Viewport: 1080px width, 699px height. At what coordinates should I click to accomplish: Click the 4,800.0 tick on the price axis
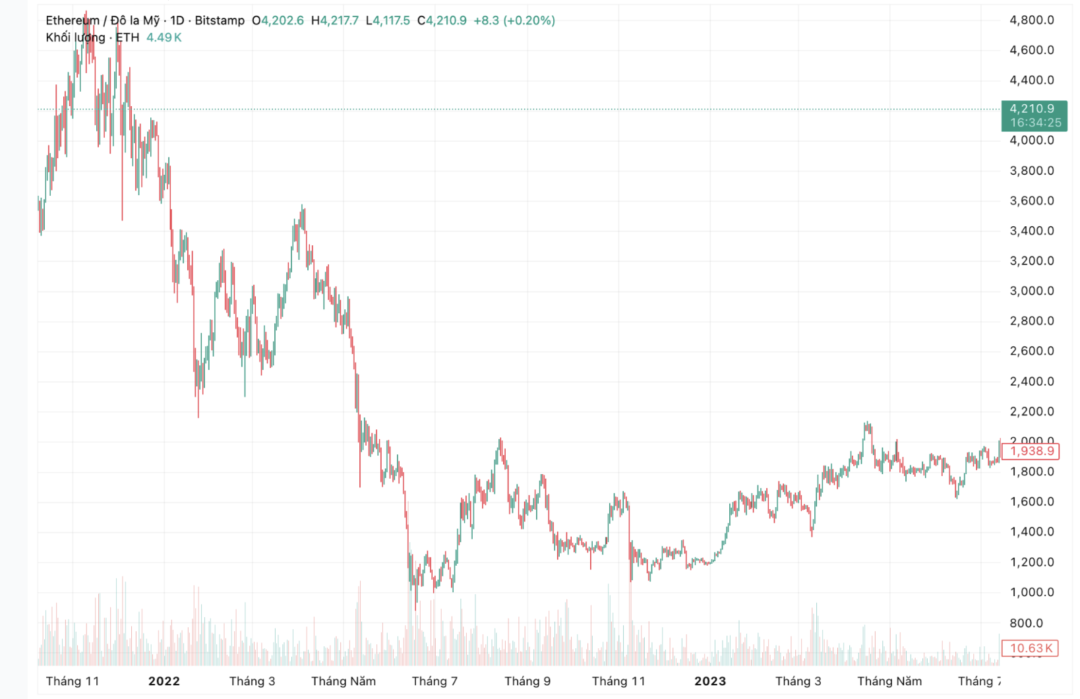click(1031, 20)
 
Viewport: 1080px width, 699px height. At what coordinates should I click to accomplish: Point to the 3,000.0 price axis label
click(1031, 291)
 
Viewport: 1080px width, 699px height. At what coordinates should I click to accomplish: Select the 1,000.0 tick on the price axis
click(1031, 592)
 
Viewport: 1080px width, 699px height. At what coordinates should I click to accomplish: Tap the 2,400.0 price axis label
click(1031, 381)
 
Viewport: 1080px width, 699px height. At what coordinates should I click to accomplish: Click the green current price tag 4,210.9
click(1033, 109)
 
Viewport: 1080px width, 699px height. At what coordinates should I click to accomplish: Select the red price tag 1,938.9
click(1033, 451)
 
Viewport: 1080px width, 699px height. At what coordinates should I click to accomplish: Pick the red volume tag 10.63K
click(1031, 648)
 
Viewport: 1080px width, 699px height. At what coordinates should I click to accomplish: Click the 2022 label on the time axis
click(164, 681)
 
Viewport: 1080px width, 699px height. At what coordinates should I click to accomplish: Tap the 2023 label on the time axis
click(709, 681)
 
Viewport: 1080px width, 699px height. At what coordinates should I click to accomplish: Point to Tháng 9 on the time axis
click(527, 681)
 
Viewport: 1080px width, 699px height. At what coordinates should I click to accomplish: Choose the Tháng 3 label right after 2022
click(252, 681)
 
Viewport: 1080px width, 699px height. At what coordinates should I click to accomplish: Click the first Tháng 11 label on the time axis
click(73, 681)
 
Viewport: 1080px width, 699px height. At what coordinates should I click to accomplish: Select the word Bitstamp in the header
click(220, 20)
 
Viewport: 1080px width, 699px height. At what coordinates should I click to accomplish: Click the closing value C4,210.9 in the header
click(442, 20)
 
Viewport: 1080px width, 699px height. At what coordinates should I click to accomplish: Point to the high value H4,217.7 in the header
click(335, 20)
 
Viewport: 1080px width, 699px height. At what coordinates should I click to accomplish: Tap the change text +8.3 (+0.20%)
click(514, 20)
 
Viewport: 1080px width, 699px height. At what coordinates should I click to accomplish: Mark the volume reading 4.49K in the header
click(164, 38)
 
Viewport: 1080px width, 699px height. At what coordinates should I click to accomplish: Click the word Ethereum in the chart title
click(72, 20)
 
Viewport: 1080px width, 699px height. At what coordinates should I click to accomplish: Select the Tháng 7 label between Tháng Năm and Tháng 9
click(435, 681)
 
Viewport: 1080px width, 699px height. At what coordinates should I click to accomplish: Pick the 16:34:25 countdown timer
click(1035, 123)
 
